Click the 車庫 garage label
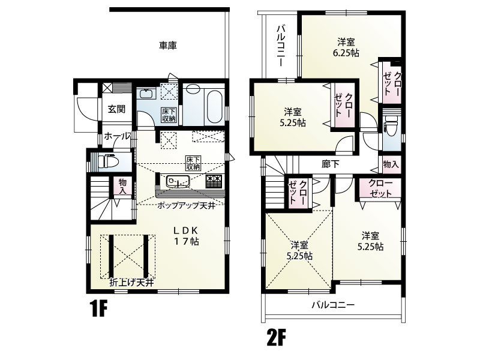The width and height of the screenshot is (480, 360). pos(168,46)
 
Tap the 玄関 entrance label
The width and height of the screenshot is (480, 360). pos(116,109)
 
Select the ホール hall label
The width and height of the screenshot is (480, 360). pos(117,136)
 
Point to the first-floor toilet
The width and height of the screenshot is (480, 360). pos(106,161)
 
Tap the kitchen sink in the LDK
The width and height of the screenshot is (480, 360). pos(178,182)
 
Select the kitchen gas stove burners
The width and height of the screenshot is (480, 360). pos(214,181)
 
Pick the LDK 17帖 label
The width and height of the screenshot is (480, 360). pos(187,236)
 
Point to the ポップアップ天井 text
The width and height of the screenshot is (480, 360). pos(186,206)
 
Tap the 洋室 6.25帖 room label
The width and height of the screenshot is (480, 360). pos(346,47)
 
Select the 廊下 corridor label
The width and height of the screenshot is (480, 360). pos(331,164)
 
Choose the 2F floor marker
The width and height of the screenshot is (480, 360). pos(275,337)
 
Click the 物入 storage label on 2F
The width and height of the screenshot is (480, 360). pos(391,164)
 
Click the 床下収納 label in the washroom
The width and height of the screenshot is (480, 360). pos(169,115)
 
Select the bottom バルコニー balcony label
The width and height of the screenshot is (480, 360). pos(333,305)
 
